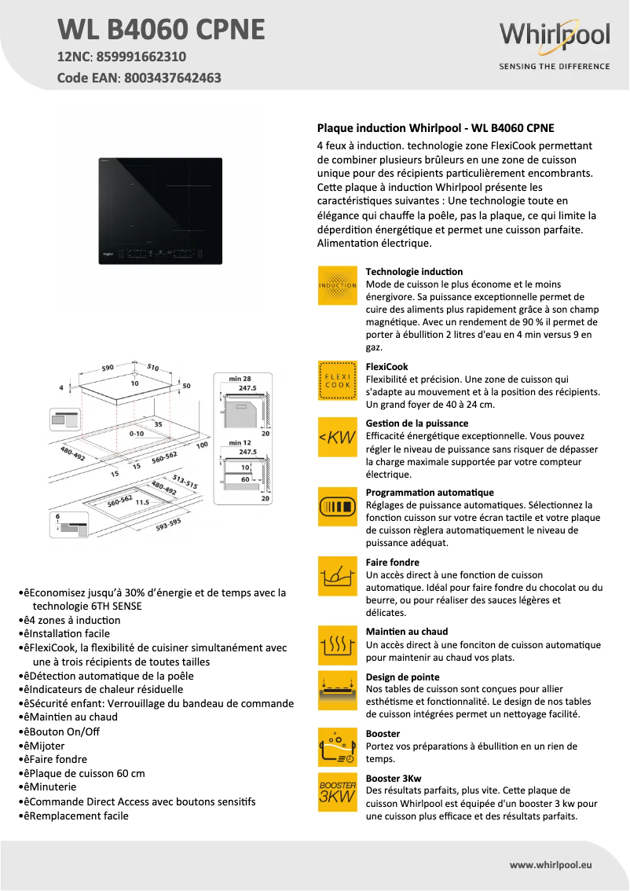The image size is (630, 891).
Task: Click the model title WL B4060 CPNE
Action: pyautogui.click(x=161, y=30)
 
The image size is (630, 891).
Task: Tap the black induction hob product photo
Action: pyautogui.click(x=160, y=208)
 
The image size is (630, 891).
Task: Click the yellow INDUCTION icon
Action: pyautogui.click(x=338, y=284)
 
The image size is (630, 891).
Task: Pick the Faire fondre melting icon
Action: pyautogui.click(x=338, y=577)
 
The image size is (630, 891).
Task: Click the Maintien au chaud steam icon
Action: pyautogui.click(x=338, y=646)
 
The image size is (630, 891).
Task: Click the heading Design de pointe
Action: pyautogui.click(x=403, y=676)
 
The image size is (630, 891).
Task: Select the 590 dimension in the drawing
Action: pyautogui.click(x=109, y=367)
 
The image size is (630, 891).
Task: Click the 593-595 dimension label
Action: pyautogui.click(x=168, y=524)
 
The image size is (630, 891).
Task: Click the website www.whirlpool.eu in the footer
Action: pyautogui.click(x=551, y=864)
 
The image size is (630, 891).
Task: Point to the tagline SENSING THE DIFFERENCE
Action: pyautogui.click(x=554, y=67)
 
